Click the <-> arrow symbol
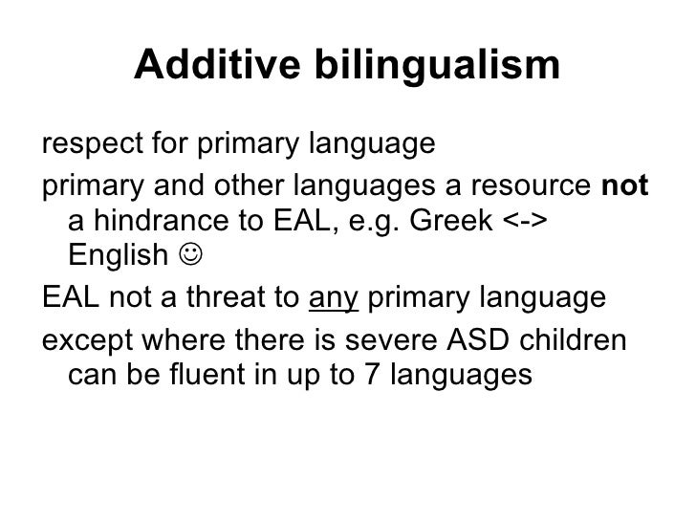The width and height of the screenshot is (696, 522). coord(525,222)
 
